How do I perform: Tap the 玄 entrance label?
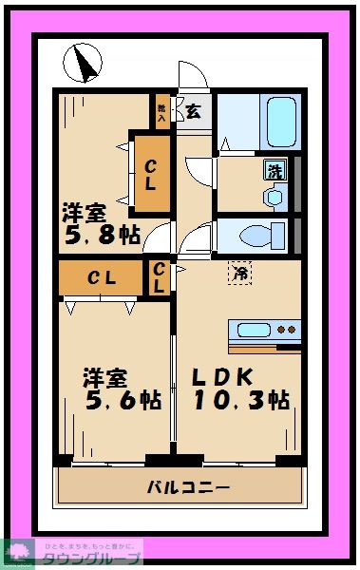[193, 111]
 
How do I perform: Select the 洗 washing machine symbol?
[274, 172]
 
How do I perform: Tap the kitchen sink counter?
[264, 332]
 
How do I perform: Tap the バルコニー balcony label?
[188, 487]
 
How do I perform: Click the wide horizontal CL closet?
[102, 278]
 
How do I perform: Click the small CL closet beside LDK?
[159, 277]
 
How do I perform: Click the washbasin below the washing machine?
[275, 196]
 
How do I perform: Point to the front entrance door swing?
[193, 77]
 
